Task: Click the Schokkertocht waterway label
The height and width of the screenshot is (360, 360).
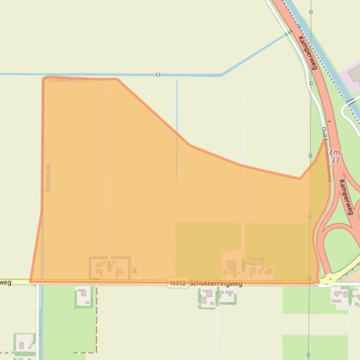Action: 68,80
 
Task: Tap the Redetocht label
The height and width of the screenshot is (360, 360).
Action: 48,178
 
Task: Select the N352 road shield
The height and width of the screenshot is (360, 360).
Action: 178,283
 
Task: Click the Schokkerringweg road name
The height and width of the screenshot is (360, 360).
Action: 216,283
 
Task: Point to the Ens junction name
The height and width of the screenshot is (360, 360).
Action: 335,152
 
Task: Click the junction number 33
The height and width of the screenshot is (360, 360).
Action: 335,160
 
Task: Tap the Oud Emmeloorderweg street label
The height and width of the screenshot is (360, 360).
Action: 326,154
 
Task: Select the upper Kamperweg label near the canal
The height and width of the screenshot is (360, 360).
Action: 307,53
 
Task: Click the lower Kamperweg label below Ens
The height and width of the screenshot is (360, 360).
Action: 346,197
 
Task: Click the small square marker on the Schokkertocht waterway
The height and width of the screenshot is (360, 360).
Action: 158,75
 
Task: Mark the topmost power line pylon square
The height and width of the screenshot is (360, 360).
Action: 311,12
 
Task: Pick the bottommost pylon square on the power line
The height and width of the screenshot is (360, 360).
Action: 308,355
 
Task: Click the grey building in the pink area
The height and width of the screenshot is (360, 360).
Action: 354,73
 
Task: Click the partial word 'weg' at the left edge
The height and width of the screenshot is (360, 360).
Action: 5,282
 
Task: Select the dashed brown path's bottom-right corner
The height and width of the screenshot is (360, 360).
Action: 96,352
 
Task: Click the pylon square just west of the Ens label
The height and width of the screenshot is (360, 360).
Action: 310,156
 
